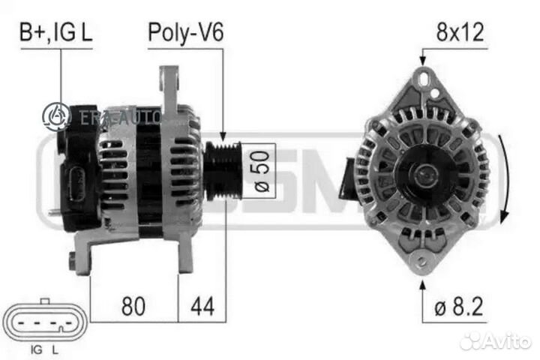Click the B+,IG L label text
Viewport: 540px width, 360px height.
(57, 33)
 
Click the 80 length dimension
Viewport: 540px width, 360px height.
(134, 306)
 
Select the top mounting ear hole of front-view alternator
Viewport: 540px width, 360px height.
(425, 76)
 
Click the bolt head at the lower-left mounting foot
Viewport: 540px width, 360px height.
(73, 260)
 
